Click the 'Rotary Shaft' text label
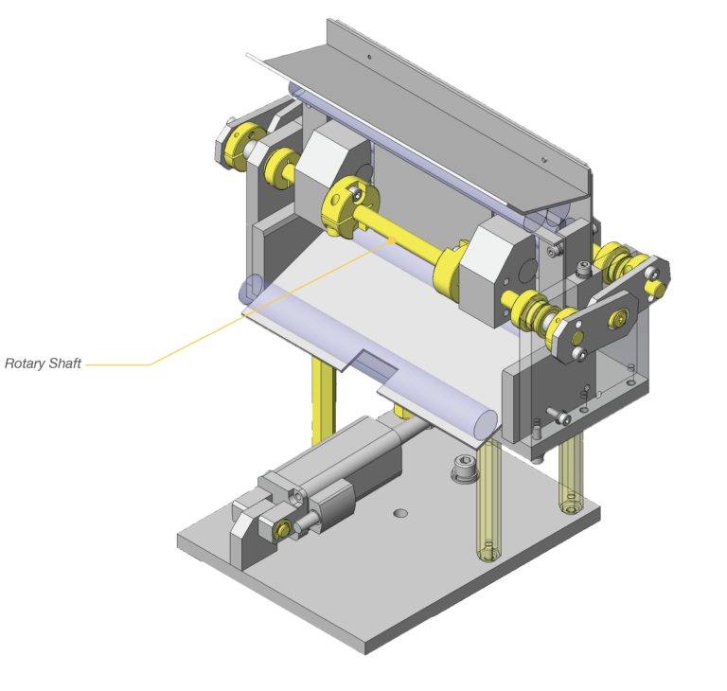43,363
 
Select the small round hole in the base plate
400,513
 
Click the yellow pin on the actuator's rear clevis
281,530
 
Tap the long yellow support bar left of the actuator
321,398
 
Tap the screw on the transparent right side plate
563,416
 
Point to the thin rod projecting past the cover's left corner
253,58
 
